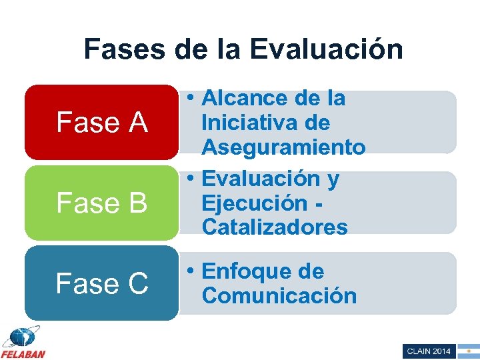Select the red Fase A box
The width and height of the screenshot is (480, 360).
tap(101, 122)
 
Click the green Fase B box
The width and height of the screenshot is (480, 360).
tap(101, 203)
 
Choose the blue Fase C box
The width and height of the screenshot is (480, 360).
tap(101, 283)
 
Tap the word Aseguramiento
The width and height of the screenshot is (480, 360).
tap(283, 147)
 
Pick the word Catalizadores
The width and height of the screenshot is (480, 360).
tap(275, 227)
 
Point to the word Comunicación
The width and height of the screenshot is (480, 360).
tap(279, 295)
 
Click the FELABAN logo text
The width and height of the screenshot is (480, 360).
tap(23, 353)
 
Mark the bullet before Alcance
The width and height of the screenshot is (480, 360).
tap(191, 99)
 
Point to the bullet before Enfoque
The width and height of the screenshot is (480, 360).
tap(191, 271)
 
